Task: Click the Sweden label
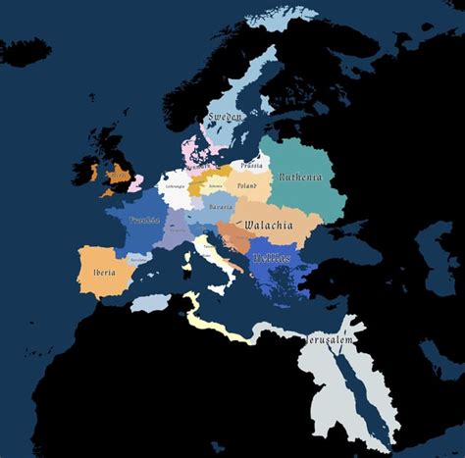[x=224, y=117]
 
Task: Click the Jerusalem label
[x=330, y=340]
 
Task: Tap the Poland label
[x=246, y=183]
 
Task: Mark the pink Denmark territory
[x=190, y=149]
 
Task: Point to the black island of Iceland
[x=24, y=50]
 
